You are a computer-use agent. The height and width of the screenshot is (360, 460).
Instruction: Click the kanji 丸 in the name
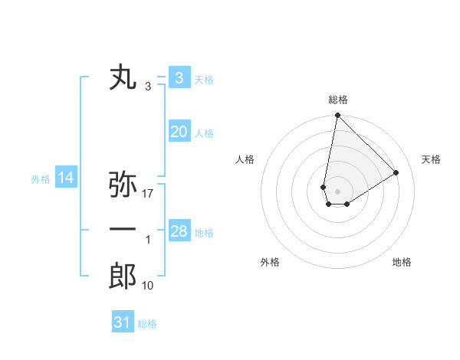(123, 78)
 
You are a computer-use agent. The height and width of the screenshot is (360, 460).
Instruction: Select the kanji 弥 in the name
(123, 185)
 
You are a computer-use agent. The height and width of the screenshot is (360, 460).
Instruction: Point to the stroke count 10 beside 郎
(148, 286)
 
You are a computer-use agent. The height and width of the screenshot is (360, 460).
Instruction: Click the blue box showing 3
(179, 77)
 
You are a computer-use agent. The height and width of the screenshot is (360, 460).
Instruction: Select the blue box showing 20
(179, 132)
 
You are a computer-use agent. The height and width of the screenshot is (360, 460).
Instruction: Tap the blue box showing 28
(179, 231)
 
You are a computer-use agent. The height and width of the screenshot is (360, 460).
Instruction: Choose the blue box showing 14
(66, 178)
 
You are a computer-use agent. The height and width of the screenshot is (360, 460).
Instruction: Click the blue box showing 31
(123, 322)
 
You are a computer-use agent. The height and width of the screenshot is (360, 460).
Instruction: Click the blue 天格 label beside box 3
(204, 79)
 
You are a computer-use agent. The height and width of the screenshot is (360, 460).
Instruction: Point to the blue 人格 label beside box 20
(204, 133)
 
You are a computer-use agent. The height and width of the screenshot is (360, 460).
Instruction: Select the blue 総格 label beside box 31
(147, 324)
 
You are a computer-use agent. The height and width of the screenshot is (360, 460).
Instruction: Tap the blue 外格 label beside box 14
(41, 180)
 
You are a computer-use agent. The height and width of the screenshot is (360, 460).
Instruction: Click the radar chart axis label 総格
(337, 100)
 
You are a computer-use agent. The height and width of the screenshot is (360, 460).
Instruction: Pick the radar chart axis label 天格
(432, 159)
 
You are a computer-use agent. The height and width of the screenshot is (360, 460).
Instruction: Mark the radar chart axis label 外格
(270, 262)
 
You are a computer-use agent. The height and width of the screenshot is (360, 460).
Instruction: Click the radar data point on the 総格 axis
(337, 116)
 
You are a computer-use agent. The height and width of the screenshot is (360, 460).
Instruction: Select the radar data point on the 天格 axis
(396, 172)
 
